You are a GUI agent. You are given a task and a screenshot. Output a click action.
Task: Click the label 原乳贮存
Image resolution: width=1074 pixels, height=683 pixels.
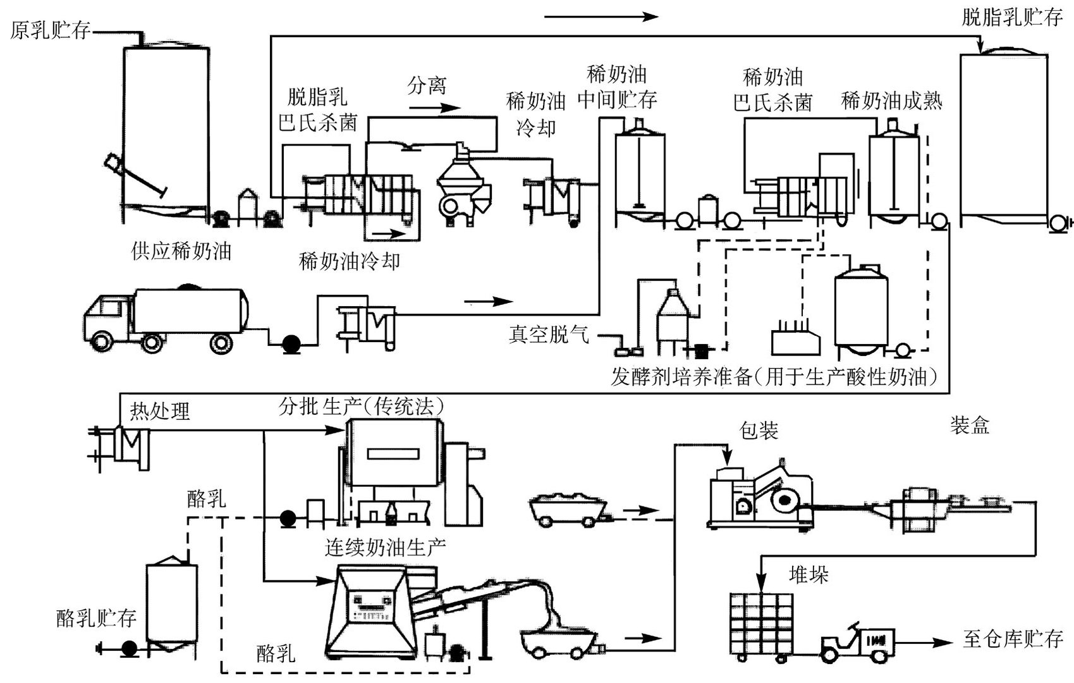pos(50,30)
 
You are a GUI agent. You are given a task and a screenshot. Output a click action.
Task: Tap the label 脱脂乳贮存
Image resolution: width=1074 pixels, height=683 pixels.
pos(1012,17)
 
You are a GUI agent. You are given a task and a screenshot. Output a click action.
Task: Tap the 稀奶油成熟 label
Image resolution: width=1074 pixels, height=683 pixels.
pos(891,101)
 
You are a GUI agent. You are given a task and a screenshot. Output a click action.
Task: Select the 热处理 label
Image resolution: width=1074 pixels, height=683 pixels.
pos(160,412)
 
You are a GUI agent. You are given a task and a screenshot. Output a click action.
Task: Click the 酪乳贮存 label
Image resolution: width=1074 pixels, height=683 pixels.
pos(96,617)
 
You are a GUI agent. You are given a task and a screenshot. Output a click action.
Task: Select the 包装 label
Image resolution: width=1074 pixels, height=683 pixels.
pos(759,431)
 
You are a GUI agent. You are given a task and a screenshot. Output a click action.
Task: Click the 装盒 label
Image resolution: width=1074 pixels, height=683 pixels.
pos(969,424)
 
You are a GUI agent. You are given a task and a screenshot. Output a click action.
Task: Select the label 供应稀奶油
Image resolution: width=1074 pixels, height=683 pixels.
pos(181,251)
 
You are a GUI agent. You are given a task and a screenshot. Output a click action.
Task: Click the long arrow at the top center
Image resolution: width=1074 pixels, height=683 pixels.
pos(601,16)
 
